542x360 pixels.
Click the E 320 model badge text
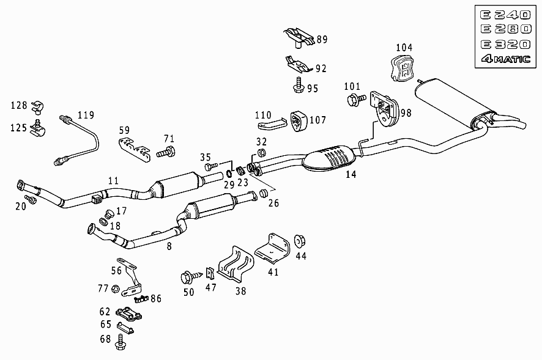point(505,44)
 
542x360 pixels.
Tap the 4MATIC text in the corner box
point(505,59)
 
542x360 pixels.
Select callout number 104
point(404,47)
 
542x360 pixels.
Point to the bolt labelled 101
point(356,99)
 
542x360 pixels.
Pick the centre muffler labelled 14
point(329,158)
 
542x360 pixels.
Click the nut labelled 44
point(299,241)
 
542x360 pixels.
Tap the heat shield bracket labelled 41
point(273,249)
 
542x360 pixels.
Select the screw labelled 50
point(191,276)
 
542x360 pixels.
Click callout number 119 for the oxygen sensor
point(86,115)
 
